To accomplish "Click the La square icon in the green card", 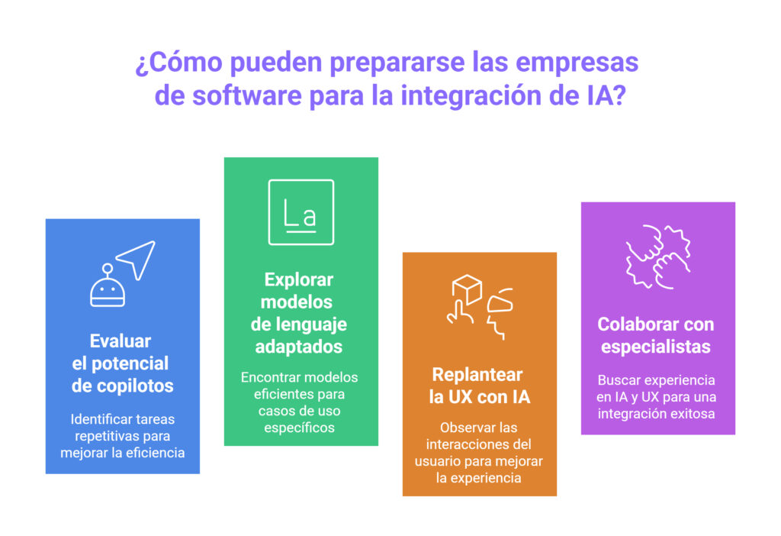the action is click(301, 212).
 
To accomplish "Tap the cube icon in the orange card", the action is click(467, 289).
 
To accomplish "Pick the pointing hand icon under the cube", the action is click(460, 313).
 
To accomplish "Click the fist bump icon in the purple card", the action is click(658, 257).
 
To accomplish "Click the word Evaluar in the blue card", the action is click(120, 341).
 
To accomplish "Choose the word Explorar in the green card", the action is click(299, 279).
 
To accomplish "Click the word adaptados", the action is click(299, 347).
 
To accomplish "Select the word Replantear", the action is click(477, 374).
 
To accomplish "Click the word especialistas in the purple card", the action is click(655, 347).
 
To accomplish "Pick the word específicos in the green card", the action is click(299, 428).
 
